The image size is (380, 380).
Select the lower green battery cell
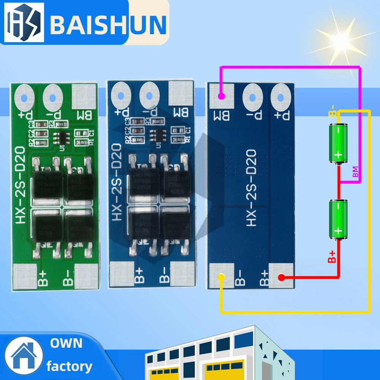(x=338, y=220)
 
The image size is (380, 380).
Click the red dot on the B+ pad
(x=282, y=277)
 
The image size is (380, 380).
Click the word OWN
(x=66, y=344)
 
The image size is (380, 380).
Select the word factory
(x=69, y=366)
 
